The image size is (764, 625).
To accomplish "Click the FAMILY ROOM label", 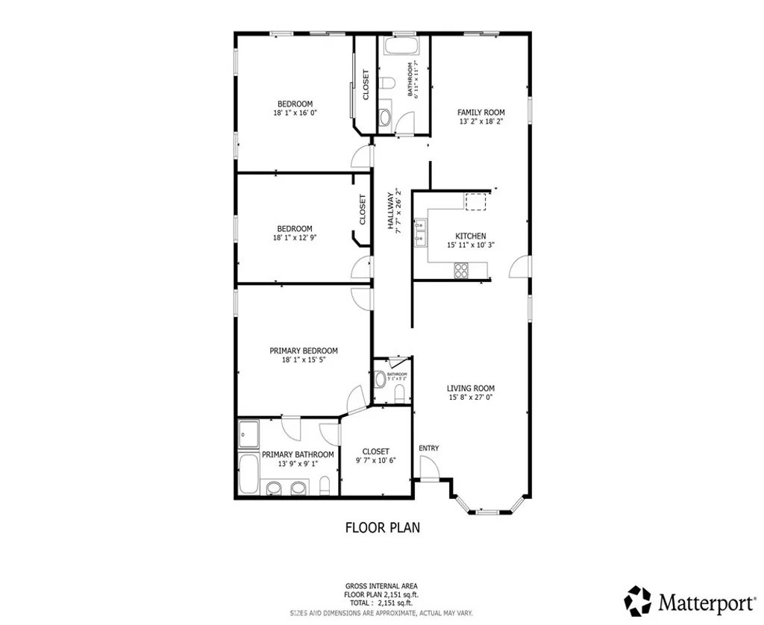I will tap(481, 113).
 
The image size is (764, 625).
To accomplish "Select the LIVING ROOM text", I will tap(471, 388).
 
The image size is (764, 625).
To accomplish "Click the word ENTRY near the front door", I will tap(429, 448).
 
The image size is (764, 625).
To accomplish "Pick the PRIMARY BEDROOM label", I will tap(304, 351).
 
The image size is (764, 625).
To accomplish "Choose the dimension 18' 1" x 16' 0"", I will tap(295, 113).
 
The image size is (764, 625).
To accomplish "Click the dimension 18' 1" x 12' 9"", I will tap(295, 238).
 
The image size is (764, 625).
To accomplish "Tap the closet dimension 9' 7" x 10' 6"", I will tap(375, 460).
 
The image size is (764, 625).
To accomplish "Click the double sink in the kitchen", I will tap(421, 231).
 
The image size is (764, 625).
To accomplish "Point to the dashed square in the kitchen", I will tap(475, 202).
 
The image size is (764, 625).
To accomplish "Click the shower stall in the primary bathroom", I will tap(248, 433).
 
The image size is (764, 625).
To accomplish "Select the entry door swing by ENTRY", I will tap(430, 468).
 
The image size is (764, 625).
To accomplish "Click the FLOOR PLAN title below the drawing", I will tap(382, 527).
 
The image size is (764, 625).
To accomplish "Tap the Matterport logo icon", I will tap(638, 600).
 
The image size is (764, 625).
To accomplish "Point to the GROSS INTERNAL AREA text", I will tap(381, 586).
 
